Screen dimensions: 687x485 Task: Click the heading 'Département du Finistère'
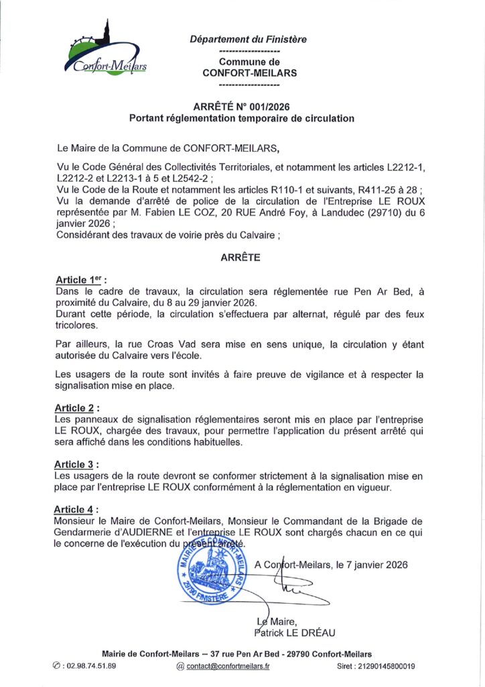[249, 40]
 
